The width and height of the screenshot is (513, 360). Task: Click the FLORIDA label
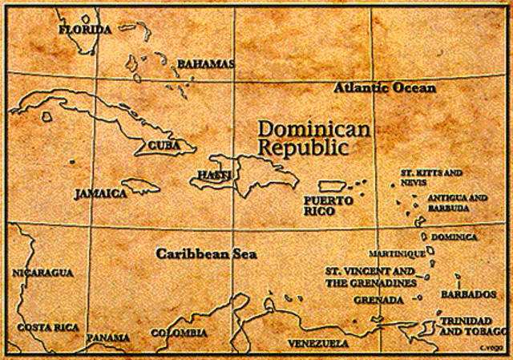86,30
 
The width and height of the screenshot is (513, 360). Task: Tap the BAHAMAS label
205,63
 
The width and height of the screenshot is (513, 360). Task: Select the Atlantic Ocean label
385,87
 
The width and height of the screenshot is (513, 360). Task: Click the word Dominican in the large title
313,129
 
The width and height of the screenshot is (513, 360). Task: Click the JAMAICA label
101,194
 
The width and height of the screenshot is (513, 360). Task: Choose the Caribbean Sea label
206,253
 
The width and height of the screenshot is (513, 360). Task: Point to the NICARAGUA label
42,273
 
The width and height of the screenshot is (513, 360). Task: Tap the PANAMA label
108,338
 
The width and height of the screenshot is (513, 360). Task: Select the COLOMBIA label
179,333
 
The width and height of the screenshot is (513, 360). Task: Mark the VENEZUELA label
318,343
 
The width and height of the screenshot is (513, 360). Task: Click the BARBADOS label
463,294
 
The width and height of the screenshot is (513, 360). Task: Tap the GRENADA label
378,300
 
